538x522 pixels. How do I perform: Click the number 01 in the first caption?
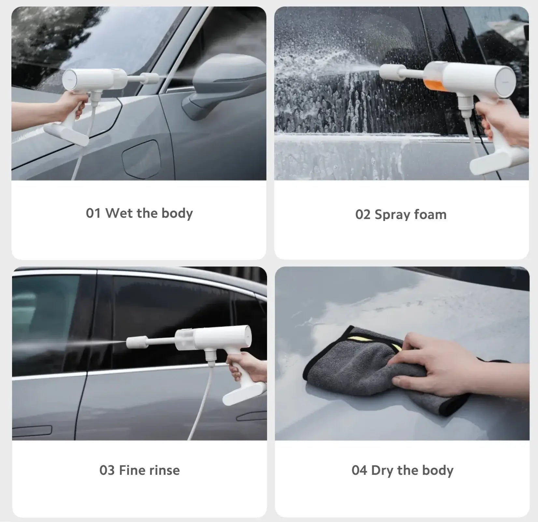(93, 213)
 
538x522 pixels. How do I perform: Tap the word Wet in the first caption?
(119, 213)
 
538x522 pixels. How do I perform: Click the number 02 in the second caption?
(362, 215)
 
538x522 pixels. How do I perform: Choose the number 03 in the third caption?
(107, 470)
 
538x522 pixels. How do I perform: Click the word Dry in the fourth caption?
(383, 471)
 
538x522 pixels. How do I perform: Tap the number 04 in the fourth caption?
(359, 470)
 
